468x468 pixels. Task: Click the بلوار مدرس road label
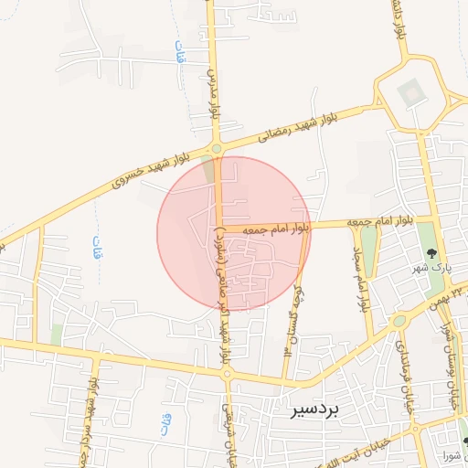[x=217, y=92]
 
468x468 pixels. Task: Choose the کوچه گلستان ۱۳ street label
[x=292, y=319]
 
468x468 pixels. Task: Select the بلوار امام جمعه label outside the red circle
[x=374, y=222]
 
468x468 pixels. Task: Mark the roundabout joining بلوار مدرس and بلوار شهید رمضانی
[x=217, y=148]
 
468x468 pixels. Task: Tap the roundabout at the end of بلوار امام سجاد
[x=399, y=321]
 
